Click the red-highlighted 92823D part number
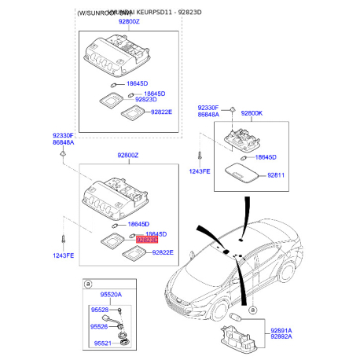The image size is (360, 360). (147, 239)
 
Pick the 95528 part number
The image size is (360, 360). (100, 310)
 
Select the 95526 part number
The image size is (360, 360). (100, 326)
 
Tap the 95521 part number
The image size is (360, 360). (100, 343)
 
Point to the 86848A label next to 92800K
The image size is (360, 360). (209, 115)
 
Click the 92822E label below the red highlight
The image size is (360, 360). (163, 252)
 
